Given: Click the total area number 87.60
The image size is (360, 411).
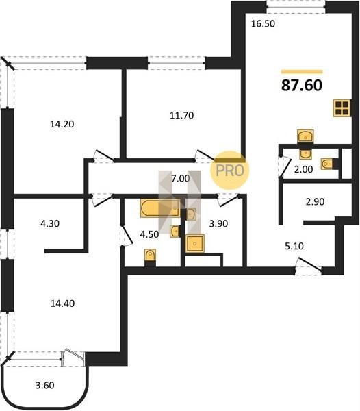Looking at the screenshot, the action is pos(302,85).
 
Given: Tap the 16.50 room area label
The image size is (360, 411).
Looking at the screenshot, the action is pos(263,23).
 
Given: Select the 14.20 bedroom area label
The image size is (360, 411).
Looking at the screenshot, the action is pos(62,124).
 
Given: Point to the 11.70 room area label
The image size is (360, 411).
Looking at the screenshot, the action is pos(181,115).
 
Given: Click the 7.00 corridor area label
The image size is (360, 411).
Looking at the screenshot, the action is pos(181,179).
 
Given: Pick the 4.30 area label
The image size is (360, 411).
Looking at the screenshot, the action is pos(50,223).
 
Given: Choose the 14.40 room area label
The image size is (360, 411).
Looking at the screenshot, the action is pos(62,303).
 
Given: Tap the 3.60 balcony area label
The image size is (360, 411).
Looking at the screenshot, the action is pos(44,385).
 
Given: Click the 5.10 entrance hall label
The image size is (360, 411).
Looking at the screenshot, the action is pos(294,246).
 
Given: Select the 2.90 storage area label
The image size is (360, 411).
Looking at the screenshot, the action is pos(315,201).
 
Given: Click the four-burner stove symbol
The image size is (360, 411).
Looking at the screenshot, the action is pos(342,108).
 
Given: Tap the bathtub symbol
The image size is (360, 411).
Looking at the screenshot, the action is pos(160,208).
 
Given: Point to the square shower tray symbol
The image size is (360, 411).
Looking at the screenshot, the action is pos(194,243).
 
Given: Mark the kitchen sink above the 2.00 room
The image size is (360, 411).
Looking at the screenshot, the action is pos(305,136).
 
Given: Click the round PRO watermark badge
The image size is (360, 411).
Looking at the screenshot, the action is pos(230,171).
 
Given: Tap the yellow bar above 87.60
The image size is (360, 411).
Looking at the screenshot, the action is pos(302,71).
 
